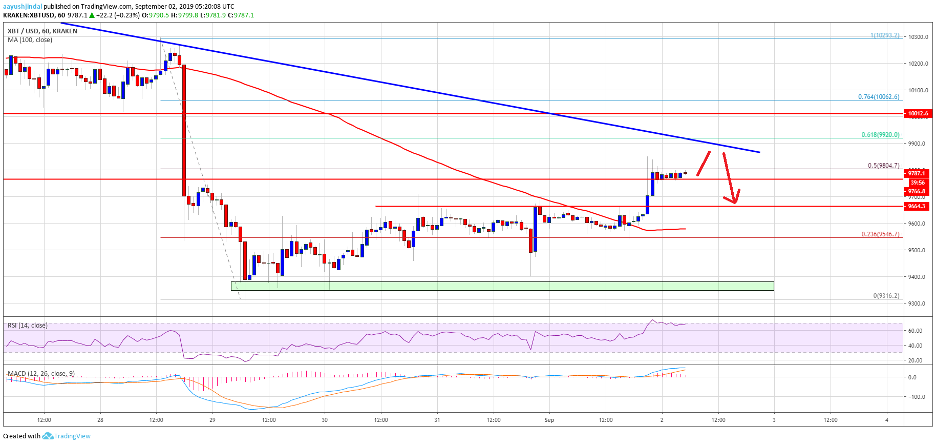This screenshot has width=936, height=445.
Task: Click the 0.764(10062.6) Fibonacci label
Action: pyautogui.click(x=878, y=97)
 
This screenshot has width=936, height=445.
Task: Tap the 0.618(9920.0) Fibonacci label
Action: pyautogui.click(x=880, y=135)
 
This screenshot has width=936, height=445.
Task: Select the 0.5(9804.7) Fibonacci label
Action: pyautogui.click(x=883, y=166)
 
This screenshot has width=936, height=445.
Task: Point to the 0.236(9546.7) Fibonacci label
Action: pyautogui.click(x=880, y=234)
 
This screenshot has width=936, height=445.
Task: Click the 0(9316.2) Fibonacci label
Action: pyautogui.click(x=886, y=296)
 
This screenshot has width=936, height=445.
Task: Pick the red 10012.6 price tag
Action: pyautogui.click(x=918, y=113)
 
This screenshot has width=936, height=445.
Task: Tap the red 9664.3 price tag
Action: pyautogui.click(x=916, y=206)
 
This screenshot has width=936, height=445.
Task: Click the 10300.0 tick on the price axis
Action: pyautogui.click(x=918, y=37)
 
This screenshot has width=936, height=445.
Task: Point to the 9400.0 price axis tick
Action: pyautogui.click(x=917, y=277)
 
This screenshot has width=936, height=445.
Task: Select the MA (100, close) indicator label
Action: pyautogui.click(x=30, y=40)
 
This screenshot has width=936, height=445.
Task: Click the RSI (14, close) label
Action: pyautogui.click(x=28, y=326)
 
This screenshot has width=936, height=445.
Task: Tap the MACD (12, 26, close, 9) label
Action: pyautogui.click(x=41, y=373)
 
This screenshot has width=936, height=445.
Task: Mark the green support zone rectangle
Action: pyautogui.click(x=502, y=286)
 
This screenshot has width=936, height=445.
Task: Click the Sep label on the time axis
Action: pyautogui.click(x=549, y=420)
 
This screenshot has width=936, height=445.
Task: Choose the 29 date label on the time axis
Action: pyautogui.click(x=212, y=420)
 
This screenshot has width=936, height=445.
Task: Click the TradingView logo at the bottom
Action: pyautogui.click(x=67, y=436)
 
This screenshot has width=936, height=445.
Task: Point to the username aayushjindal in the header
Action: pyautogui.click(x=22, y=7)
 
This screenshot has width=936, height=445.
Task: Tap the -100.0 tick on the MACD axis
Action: pyautogui.click(x=916, y=397)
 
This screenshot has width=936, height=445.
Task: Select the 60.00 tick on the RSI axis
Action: pyautogui.click(x=914, y=331)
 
